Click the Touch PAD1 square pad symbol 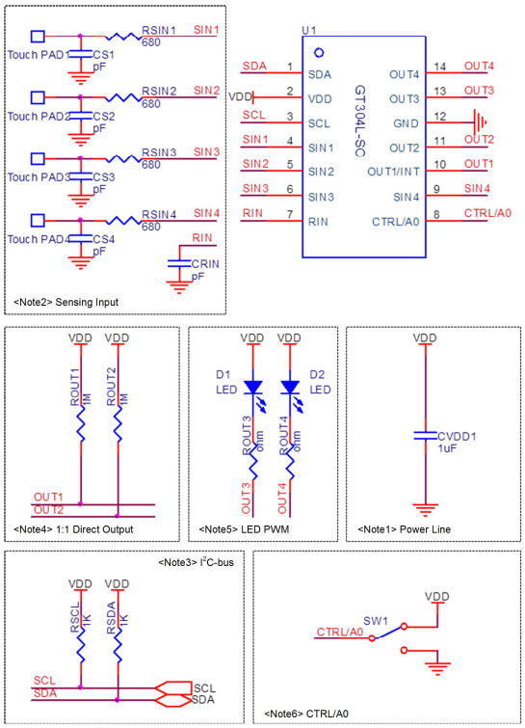pyautogui.click(x=38, y=37)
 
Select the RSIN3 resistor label pyautogui.click(x=159, y=152)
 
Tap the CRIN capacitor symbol pyautogui.click(x=179, y=263)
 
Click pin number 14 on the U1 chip pyautogui.click(x=439, y=67)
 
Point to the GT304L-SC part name pyautogui.click(x=360, y=121)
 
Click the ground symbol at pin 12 pyautogui.click(x=480, y=122)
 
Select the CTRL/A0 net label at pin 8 pyautogui.click(x=487, y=213)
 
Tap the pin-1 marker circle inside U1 pyautogui.click(x=319, y=53)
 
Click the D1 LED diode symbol pyautogui.click(x=253, y=388)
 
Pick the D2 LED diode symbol pyautogui.click(x=290, y=388)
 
